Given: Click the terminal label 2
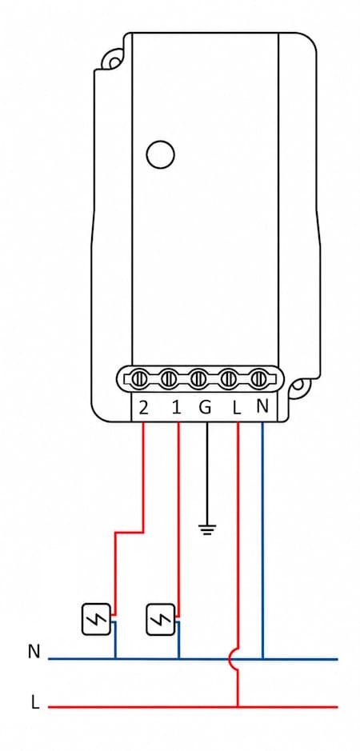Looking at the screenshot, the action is click(143, 408).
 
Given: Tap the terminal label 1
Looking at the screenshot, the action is click(177, 408).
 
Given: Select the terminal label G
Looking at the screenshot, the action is click(205, 407).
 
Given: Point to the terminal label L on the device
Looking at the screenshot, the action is click(236, 408).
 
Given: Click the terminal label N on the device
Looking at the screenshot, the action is click(262, 406).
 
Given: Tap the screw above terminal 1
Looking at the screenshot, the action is click(169, 379).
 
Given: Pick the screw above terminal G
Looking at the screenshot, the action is click(198, 379).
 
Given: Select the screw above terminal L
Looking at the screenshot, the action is click(228, 379).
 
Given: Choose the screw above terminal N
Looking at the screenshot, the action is click(258, 379).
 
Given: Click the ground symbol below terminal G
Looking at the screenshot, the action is click(207, 529).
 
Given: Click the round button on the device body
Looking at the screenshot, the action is click(160, 154).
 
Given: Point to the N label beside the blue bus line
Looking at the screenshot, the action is click(34, 652).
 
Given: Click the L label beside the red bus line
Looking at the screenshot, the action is click(34, 702).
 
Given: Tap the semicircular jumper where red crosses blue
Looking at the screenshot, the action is click(230, 659).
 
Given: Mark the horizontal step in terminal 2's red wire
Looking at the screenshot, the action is click(129, 532).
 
